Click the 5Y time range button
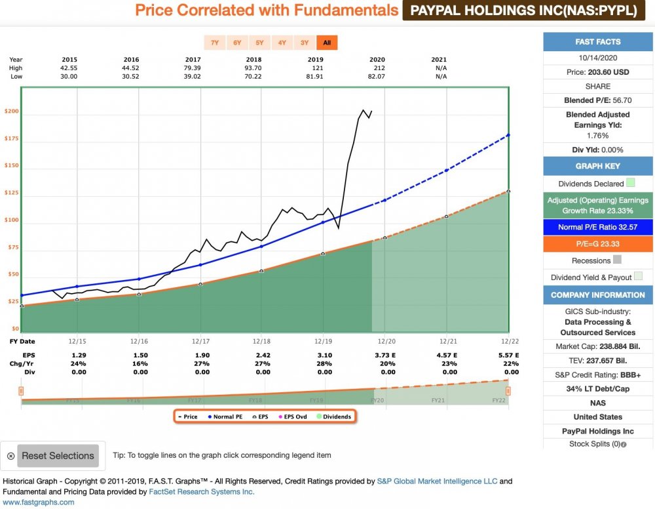point(259,43)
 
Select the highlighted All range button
point(327,43)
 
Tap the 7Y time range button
point(214,43)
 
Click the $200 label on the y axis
point(11,112)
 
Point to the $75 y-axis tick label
point(12,247)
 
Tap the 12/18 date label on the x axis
point(261,341)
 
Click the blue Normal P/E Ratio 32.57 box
point(598,226)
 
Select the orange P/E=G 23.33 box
point(598,243)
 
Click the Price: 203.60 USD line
point(598,72)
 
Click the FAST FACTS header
point(598,42)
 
